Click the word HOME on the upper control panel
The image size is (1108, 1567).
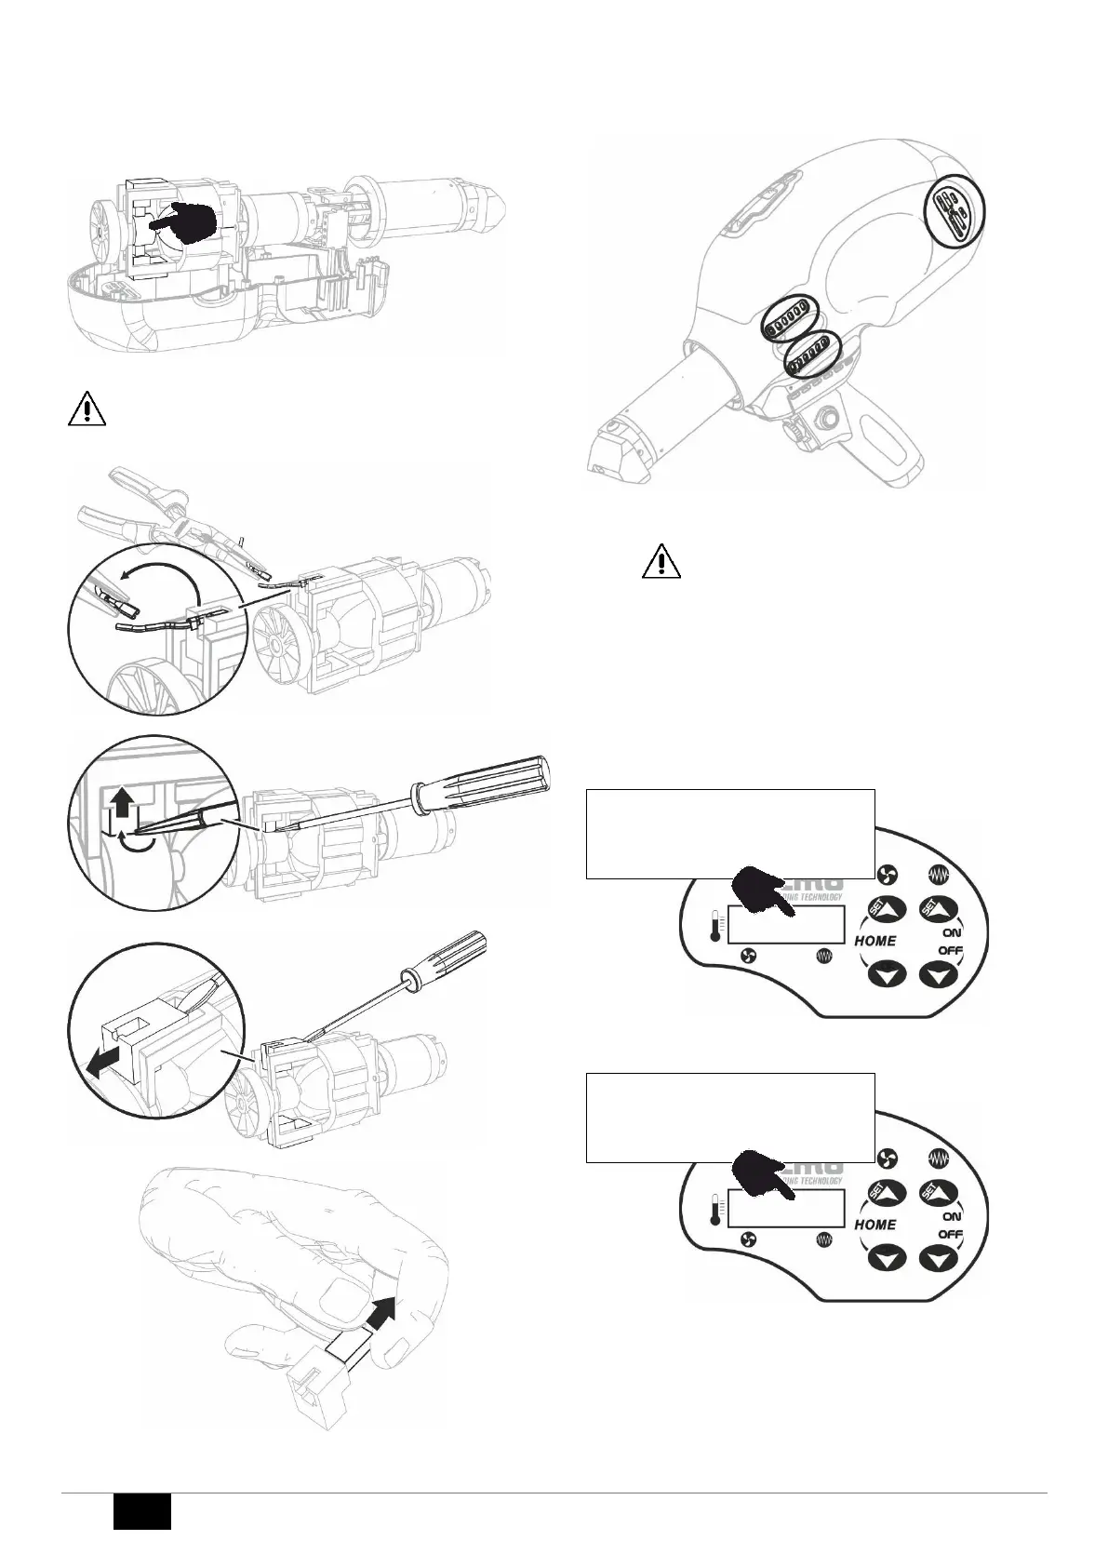click(875, 941)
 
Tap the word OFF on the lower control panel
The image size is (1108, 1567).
click(950, 1234)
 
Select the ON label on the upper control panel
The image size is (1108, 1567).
click(952, 931)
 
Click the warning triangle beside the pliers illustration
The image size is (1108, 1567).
click(86, 409)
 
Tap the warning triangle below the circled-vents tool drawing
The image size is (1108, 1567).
click(661, 561)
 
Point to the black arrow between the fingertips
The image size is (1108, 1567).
click(380, 1315)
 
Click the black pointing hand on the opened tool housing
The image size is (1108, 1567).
click(186, 224)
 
